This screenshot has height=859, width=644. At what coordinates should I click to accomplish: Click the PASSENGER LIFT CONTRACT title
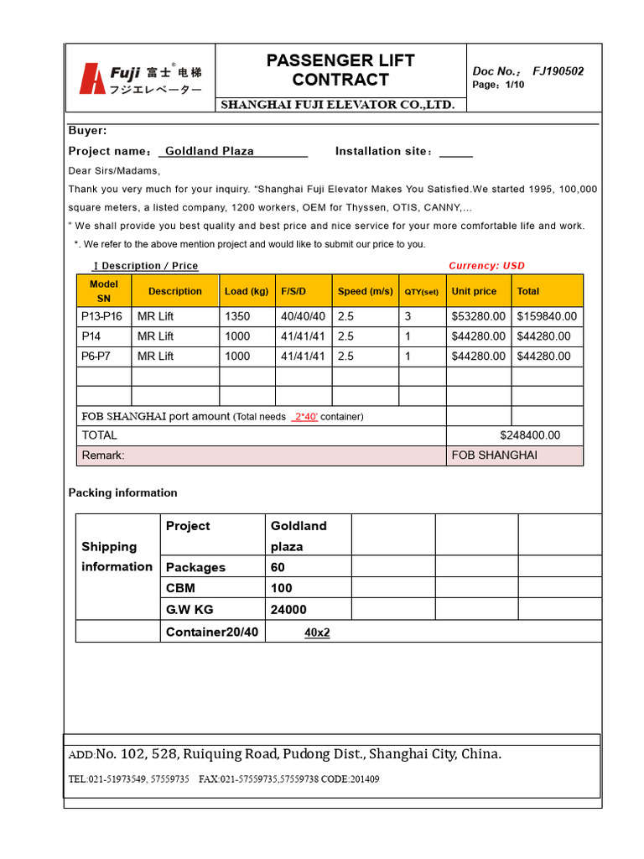340,70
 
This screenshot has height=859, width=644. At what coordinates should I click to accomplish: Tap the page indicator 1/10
515,86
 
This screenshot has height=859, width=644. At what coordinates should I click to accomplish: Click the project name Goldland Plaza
210,151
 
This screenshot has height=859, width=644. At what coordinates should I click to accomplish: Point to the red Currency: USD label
486,266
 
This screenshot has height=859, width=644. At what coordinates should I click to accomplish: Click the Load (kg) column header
247,292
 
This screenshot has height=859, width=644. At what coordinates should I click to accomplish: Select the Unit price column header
474,292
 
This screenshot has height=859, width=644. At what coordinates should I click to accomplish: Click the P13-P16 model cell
101,316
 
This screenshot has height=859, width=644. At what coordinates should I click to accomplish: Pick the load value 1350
237,316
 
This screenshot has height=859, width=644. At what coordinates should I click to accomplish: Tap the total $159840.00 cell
547,316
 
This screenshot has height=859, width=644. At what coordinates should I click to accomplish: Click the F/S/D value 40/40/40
303,316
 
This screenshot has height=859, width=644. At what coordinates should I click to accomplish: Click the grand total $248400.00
529,435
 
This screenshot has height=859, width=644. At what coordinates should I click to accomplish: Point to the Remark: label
103,456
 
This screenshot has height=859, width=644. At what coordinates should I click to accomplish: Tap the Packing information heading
122,492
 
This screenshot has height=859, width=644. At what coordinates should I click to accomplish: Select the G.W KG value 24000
288,610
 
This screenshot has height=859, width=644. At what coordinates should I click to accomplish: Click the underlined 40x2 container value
317,633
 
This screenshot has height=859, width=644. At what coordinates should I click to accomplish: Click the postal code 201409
364,779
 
